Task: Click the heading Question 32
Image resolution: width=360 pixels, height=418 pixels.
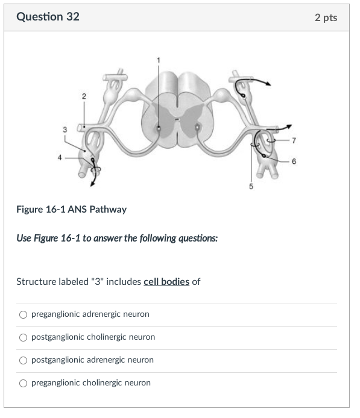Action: click(x=48, y=17)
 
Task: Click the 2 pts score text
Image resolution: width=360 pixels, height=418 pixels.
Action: click(x=326, y=17)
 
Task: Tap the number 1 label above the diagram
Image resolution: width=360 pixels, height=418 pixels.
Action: click(x=159, y=58)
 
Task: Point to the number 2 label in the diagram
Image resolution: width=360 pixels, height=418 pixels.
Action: click(x=84, y=96)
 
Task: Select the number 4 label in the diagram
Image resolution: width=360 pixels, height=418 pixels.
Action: click(x=60, y=158)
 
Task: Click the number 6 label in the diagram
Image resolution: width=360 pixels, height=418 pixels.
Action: click(x=294, y=161)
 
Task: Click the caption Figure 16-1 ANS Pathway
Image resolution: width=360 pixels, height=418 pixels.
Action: click(x=71, y=210)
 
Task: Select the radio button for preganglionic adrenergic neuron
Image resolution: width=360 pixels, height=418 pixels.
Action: click(x=23, y=314)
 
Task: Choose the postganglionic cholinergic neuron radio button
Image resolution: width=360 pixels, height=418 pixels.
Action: click(x=23, y=337)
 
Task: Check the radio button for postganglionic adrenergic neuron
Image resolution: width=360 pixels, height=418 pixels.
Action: click(x=23, y=360)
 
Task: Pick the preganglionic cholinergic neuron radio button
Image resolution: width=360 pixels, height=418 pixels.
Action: click(x=23, y=383)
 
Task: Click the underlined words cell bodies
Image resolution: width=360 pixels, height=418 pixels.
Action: click(x=166, y=282)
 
